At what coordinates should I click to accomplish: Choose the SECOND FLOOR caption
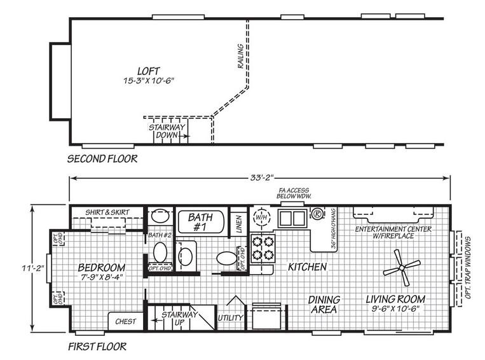pos(102,158)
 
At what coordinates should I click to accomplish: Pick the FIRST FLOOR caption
pos(97,347)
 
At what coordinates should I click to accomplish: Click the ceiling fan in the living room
pos(402,267)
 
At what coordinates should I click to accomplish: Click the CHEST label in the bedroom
pos(125,321)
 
